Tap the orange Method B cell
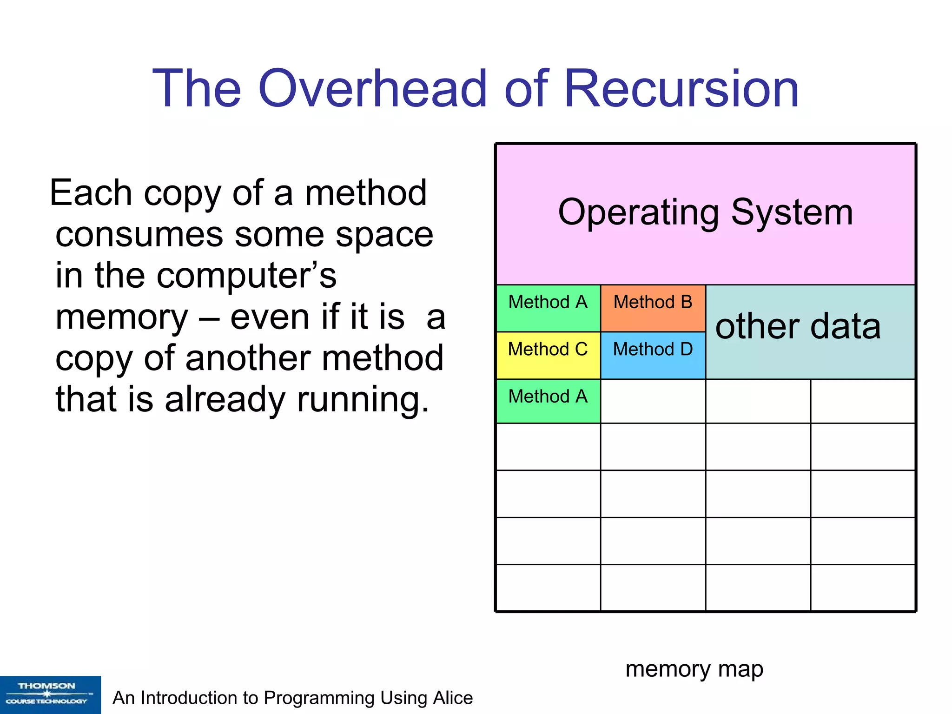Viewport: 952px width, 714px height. tap(653, 308)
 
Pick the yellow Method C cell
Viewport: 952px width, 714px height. tap(548, 355)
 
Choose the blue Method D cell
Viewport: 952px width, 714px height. tap(653, 355)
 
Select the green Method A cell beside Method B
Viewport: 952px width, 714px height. tap(548, 308)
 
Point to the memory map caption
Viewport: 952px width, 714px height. tap(694, 669)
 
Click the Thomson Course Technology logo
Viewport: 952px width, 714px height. tap(50, 694)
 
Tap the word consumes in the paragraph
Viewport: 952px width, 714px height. tap(139, 235)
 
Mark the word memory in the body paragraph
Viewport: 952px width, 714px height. tap(122, 318)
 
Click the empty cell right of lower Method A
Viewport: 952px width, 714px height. tap(653, 401)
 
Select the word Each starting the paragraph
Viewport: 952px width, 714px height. tap(91, 193)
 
